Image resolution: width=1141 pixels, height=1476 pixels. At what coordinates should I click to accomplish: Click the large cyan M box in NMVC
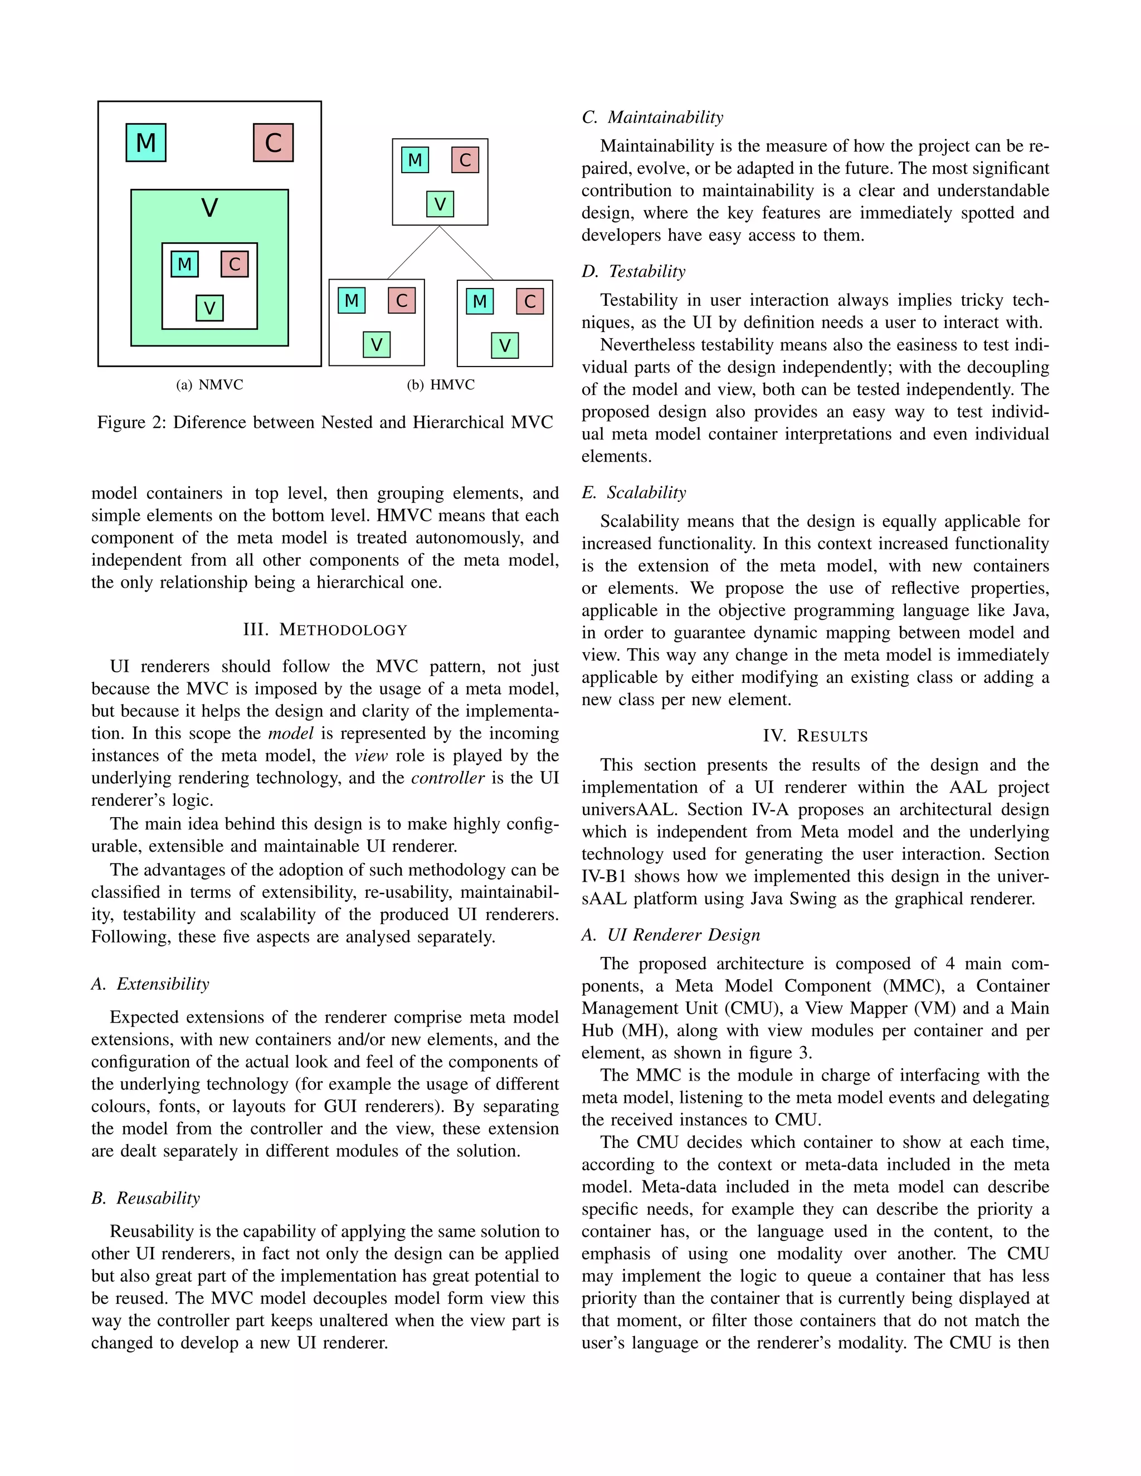145,143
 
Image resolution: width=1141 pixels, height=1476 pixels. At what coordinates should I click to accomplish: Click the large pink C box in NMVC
273,143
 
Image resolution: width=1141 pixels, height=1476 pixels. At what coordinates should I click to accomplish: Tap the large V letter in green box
209,208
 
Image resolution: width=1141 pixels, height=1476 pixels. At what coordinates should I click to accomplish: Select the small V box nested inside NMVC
209,308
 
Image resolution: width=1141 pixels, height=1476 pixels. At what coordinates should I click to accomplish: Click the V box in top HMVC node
440,203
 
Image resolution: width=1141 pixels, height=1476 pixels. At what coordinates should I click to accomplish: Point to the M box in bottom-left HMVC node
352,300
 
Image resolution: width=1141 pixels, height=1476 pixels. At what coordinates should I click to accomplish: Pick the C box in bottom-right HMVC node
530,301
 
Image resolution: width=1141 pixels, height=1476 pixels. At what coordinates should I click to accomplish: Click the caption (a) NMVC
209,384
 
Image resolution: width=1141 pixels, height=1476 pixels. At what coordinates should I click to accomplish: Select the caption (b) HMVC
441,384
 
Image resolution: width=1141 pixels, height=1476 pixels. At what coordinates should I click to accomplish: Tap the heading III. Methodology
325,630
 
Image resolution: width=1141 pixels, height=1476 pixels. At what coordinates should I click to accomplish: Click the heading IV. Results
815,736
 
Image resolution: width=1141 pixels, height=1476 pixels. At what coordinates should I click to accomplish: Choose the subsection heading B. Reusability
146,1198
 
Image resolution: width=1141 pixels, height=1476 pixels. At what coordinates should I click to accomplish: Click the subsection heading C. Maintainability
652,117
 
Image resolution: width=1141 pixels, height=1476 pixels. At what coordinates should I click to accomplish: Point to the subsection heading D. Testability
633,271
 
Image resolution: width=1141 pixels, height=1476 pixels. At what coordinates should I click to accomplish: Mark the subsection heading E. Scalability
633,492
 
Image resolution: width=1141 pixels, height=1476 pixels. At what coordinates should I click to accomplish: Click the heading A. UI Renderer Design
671,935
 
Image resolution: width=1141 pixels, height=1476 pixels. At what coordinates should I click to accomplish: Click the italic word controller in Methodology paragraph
447,778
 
